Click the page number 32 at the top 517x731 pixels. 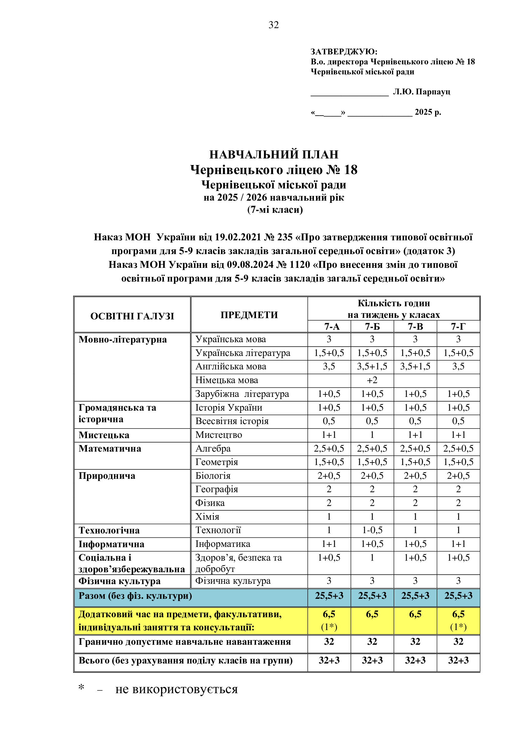[x=274, y=25]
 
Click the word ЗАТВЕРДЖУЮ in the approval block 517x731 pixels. [x=344, y=52]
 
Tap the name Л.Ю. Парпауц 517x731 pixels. [x=421, y=92]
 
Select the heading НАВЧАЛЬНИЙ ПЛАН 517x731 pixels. [x=274, y=154]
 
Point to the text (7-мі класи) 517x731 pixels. [x=275, y=210]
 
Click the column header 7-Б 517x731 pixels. [x=372, y=327]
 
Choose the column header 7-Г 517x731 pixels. [x=458, y=327]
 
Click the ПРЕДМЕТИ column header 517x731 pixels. [x=249, y=315]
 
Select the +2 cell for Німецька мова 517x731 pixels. [x=372, y=380]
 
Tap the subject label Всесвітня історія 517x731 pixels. [x=232, y=421]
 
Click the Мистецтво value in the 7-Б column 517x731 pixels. [x=372, y=435]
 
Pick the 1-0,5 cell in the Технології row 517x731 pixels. [x=372, y=530]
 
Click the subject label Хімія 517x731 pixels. [x=207, y=517]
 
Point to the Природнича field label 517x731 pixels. [x=107, y=476]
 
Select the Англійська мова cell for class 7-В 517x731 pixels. [x=415, y=367]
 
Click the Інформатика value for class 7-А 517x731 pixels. [x=329, y=544]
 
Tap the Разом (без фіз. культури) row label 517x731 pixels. [x=135, y=596]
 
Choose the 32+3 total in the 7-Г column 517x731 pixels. [x=458, y=660]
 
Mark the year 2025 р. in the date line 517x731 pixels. [x=428, y=112]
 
